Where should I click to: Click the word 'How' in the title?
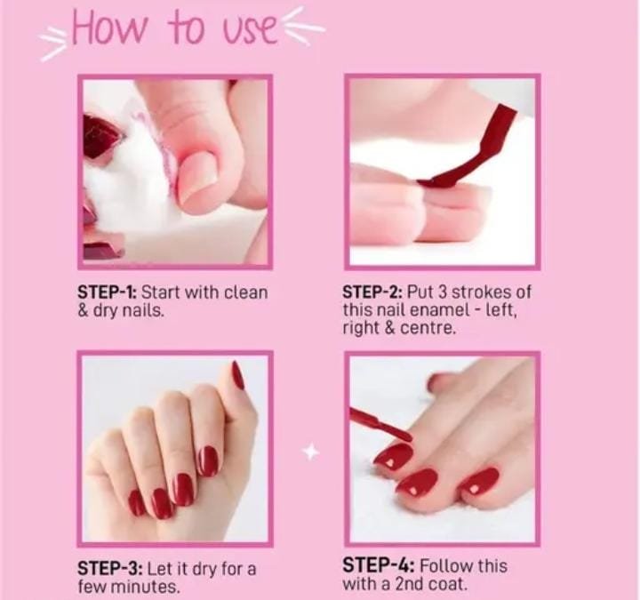tap(108, 28)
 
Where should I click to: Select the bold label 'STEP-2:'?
tap(373, 292)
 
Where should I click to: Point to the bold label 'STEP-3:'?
tap(110, 568)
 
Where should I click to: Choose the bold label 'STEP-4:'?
tap(379, 565)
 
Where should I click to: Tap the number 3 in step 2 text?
tap(443, 292)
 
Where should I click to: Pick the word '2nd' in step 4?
tap(409, 584)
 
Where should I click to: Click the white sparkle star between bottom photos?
tap(310, 452)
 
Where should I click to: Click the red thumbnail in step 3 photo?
tap(237, 375)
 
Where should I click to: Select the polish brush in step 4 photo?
tap(380, 425)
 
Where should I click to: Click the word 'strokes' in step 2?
tap(479, 292)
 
